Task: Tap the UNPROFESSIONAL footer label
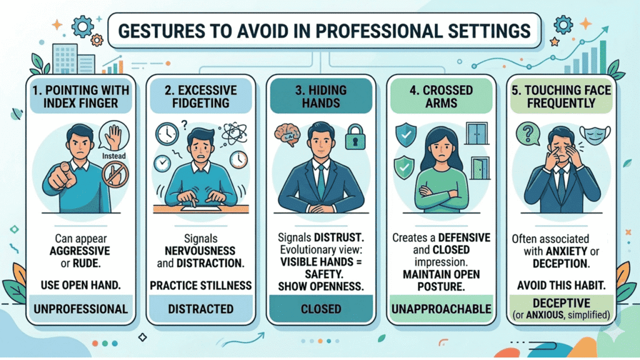[x=81, y=309]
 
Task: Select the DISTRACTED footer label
[x=201, y=309]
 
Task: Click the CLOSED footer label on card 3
[x=321, y=309]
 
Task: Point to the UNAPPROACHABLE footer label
[x=441, y=309]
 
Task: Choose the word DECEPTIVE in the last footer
[x=561, y=303]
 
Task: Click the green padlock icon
[x=355, y=137]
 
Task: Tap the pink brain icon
[x=287, y=135]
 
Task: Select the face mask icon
[x=595, y=135]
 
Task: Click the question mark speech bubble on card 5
[x=528, y=134]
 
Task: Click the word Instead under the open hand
[x=114, y=156]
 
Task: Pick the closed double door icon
[x=476, y=133]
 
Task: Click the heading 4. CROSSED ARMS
[x=441, y=96]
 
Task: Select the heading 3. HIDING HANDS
[x=321, y=96]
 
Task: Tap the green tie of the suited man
[x=321, y=182]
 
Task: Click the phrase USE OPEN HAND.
[x=81, y=285]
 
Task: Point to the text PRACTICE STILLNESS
[x=201, y=285]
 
